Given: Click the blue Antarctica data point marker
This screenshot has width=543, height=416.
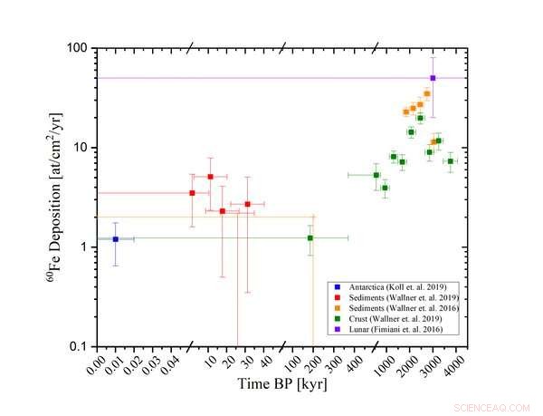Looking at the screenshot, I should click(x=115, y=239).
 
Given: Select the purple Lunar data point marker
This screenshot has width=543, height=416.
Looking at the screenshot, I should click(x=433, y=78).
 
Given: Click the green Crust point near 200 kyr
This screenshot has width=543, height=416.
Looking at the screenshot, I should click(x=310, y=237).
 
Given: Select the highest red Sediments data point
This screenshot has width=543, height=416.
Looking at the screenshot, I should click(x=210, y=177).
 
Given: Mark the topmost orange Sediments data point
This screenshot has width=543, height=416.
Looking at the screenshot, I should click(x=427, y=93).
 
